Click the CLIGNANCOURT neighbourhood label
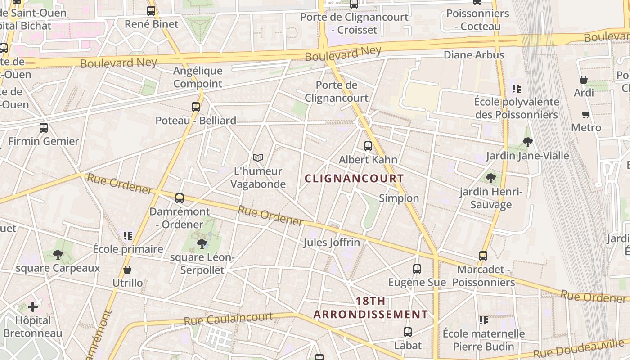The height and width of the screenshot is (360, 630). [354, 179]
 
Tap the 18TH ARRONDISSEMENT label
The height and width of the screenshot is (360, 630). [370, 308]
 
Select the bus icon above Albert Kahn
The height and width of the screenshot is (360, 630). [368, 146]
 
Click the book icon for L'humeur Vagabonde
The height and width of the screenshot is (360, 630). [258, 157]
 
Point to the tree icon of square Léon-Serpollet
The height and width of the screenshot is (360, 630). [202, 244]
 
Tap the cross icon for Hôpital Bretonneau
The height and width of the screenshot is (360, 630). [33, 307]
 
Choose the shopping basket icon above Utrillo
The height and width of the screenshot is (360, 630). [127, 270]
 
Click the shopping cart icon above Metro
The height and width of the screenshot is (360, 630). [585, 114]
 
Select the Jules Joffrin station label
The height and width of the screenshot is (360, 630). [332, 243]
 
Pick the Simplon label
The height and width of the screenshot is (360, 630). [399, 198]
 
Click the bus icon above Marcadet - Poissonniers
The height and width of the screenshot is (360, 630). [483, 256]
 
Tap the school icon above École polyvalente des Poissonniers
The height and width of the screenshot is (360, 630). [516, 89]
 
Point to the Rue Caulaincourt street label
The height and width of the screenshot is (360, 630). [228, 319]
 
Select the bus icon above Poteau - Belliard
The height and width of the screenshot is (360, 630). [196, 107]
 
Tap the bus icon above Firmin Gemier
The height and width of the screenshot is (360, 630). [44, 127]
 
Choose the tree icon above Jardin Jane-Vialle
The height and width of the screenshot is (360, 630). [527, 142]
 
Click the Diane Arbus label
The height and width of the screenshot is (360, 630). [474, 55]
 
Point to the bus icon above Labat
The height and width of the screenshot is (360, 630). [408, 332]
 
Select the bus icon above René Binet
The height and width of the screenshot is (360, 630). [151, 10]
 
